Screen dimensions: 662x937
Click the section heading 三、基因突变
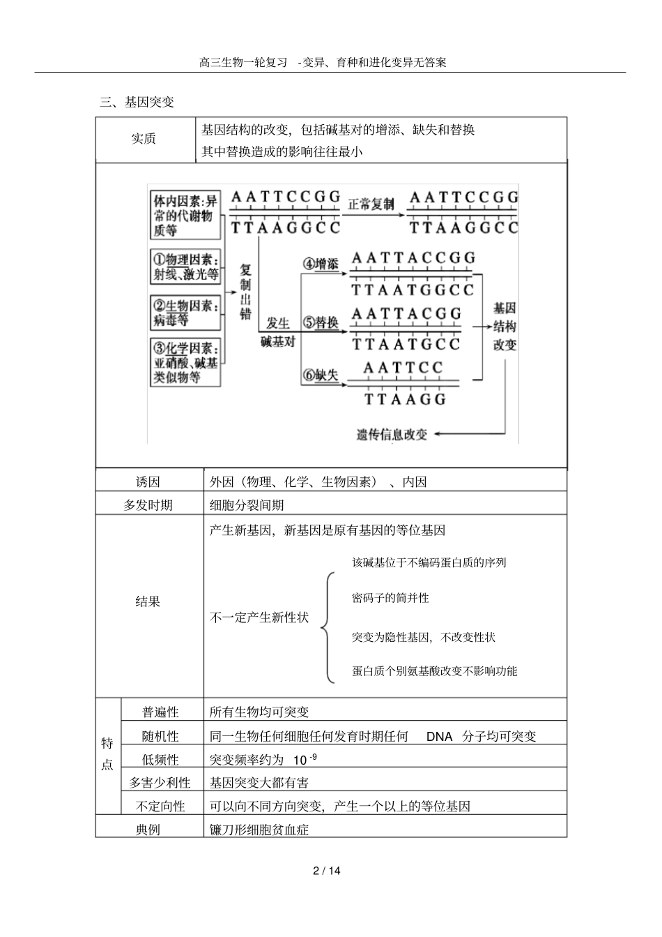click(137, 103)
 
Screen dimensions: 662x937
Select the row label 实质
click(144, 139)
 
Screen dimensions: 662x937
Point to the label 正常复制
click(371, 204)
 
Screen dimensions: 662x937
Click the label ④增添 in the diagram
click(321, 264)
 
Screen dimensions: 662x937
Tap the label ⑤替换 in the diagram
click(321, 323)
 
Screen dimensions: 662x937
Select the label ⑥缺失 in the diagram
click(321, 375)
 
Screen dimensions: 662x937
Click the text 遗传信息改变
click(392, 434)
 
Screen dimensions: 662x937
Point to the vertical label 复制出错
click(245, 292)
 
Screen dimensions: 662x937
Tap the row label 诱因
click(148, 482)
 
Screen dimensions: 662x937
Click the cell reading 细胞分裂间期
click(247, 505)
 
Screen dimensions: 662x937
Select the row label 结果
click(148, 601)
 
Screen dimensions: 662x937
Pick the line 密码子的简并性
click(390, 598)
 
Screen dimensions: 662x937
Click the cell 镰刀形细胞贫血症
click(259, 830)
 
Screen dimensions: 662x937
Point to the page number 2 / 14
click(327, 871)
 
